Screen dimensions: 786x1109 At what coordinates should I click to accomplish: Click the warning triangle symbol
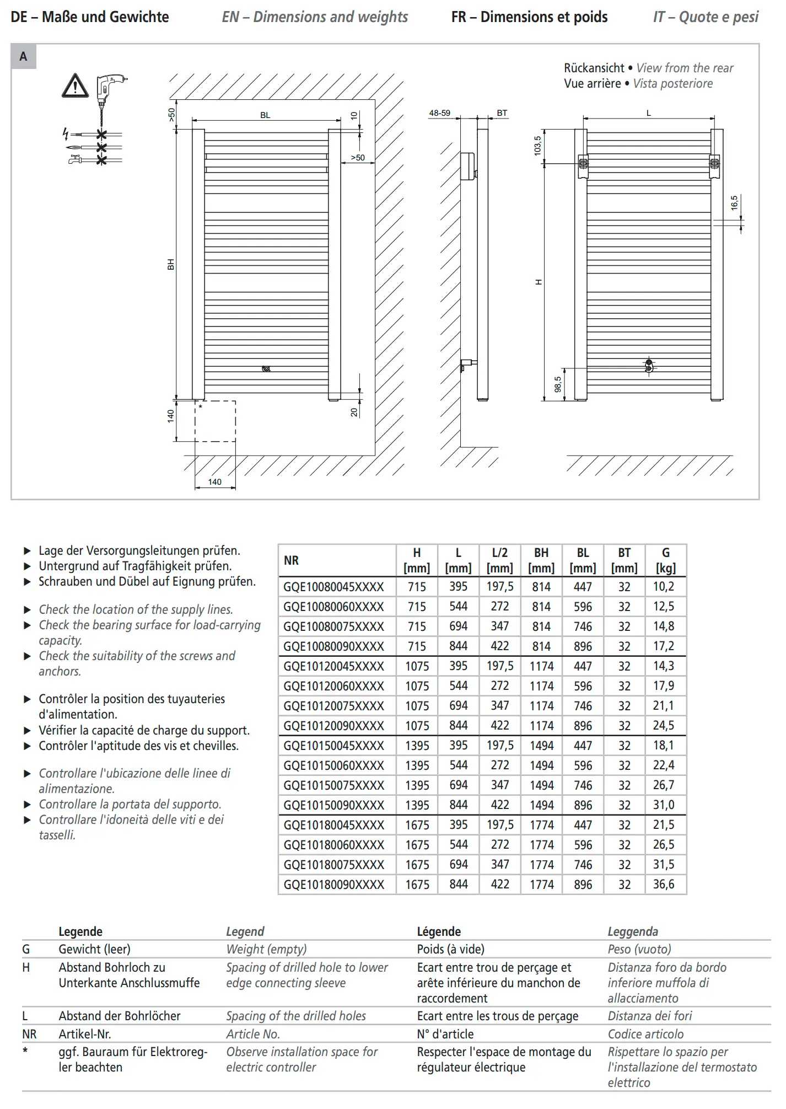[x=75, y=86]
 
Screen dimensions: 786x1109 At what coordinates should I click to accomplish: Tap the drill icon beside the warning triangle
[x=110, y=91]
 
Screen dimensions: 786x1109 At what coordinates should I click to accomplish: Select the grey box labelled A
[x=24, y=56]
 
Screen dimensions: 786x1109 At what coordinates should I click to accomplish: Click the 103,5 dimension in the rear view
[x=538, y=146]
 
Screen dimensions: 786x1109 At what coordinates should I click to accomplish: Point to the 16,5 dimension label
[x=734, y=203]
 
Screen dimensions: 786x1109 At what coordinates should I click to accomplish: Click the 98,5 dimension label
[x=558, y=384]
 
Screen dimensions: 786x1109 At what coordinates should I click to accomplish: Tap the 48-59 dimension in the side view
[x=439, y=113]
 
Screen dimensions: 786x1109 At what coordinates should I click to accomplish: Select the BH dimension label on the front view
[x=171, y=265]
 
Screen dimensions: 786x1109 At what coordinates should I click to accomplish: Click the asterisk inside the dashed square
[x=201, y=407]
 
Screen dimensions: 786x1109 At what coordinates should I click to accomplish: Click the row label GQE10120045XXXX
[x=334, y=666]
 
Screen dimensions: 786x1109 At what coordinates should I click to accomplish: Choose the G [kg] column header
[x=665, y=560]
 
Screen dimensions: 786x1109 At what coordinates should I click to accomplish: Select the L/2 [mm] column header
[x=499, y=560]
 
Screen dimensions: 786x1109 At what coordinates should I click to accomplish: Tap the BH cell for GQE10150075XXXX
[x=541, y=785]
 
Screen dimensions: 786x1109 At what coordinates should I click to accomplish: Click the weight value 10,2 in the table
[x=664, y=587]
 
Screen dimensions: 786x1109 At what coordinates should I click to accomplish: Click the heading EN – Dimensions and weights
[x=315, y=17]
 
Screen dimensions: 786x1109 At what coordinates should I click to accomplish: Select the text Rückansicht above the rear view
[x=594, y=68]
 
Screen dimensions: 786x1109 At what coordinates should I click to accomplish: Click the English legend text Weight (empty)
[x=266, y=949]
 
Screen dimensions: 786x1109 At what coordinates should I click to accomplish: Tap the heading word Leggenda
[x=633, y=932]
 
